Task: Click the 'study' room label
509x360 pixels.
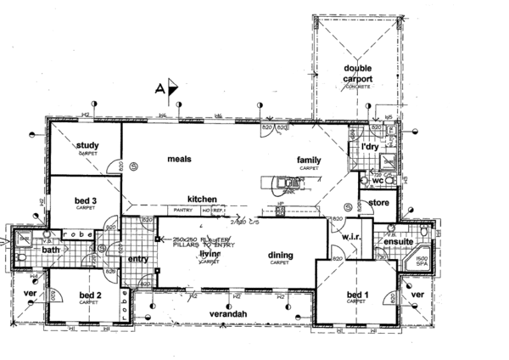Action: [x=87, y=145]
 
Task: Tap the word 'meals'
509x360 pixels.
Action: [x=178, y=159]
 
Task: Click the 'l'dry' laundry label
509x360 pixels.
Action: [x=369, y=148]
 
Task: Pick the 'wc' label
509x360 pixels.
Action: [x=377, y=180]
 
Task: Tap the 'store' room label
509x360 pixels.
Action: [x=380, y=202]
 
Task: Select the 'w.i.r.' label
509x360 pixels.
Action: [x=351, y=236]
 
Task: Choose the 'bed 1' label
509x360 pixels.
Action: [x=357, y=295]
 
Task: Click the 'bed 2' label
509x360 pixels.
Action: [x=90, y=295]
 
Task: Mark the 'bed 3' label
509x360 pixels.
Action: [x=85, y=200]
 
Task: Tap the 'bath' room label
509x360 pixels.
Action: [x=52, y=250]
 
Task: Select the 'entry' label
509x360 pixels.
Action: [x=138, y=259]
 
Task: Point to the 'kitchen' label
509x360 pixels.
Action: [x=203, y=198]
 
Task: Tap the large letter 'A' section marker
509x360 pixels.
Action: [x=159, y=87]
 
